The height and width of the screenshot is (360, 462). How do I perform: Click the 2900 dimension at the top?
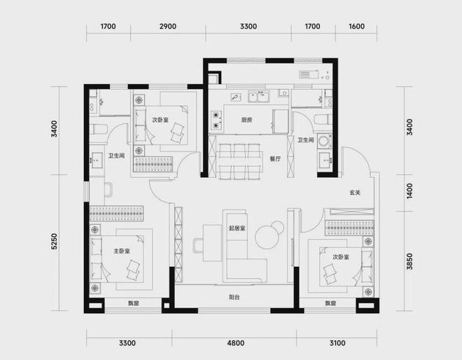coord(168,27)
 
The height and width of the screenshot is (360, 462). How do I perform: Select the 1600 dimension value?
coord(357,27)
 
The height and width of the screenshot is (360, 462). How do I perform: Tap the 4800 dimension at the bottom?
coord(236,343)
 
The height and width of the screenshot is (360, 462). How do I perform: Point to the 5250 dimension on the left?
coord(55,242)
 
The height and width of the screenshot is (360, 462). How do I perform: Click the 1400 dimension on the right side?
coord(409,191)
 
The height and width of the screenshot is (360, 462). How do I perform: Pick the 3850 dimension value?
coord(409,261)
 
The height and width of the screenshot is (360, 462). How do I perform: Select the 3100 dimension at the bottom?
coord(337,343)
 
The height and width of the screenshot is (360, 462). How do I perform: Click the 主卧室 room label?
coord(122,251)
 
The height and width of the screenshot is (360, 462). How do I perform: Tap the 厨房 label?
coord(246,120)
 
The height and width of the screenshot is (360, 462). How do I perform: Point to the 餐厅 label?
coord(276,158)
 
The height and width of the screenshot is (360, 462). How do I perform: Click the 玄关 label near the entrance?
coord(355,193)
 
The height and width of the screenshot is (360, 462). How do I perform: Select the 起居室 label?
coord(237,228)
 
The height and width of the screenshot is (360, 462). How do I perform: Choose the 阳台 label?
coord(234,297)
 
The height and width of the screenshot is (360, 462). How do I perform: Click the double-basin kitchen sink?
coord(259,97)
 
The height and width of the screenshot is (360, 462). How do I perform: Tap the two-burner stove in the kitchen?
coord(216,120)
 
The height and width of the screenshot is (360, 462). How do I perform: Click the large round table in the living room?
coord(267,237)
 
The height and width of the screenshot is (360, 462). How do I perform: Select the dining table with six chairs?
coord(240,161)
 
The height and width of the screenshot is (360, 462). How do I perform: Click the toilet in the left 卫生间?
coord(99,130)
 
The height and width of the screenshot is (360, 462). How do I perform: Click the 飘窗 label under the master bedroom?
coord(134,303)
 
